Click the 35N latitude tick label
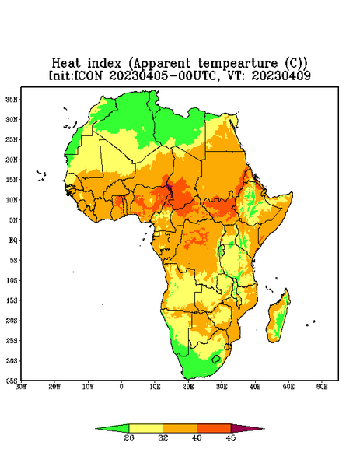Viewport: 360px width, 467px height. [x=12, y=100]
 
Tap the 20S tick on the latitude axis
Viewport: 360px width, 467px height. [x=12, y=321]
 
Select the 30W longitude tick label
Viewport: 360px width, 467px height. [x=22, y=387]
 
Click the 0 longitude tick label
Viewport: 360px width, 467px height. [x=121, y=387]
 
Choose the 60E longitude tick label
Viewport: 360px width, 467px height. [x=322, y=387]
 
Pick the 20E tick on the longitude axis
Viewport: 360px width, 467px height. [x=188, y=387]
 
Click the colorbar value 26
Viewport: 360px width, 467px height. [x=129, y=437]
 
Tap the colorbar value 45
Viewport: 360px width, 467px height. [x=231, y=437]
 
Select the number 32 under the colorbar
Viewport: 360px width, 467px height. [x=163, y=437]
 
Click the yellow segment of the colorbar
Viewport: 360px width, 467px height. [x=145, y=429]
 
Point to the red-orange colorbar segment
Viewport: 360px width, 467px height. [x=214, y=429]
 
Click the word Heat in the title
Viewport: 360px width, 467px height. [x=66, y=63]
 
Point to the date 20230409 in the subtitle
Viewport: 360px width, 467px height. [x=281, y=75]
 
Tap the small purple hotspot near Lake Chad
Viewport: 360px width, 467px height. [x=169, y=188]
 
